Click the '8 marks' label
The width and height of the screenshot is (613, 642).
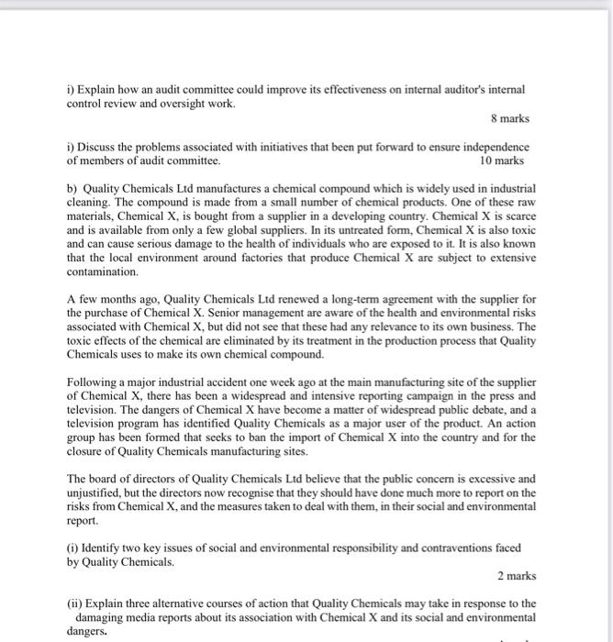click(x=507, y=118)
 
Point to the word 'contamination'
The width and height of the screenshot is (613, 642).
click(x=103, y=272)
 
